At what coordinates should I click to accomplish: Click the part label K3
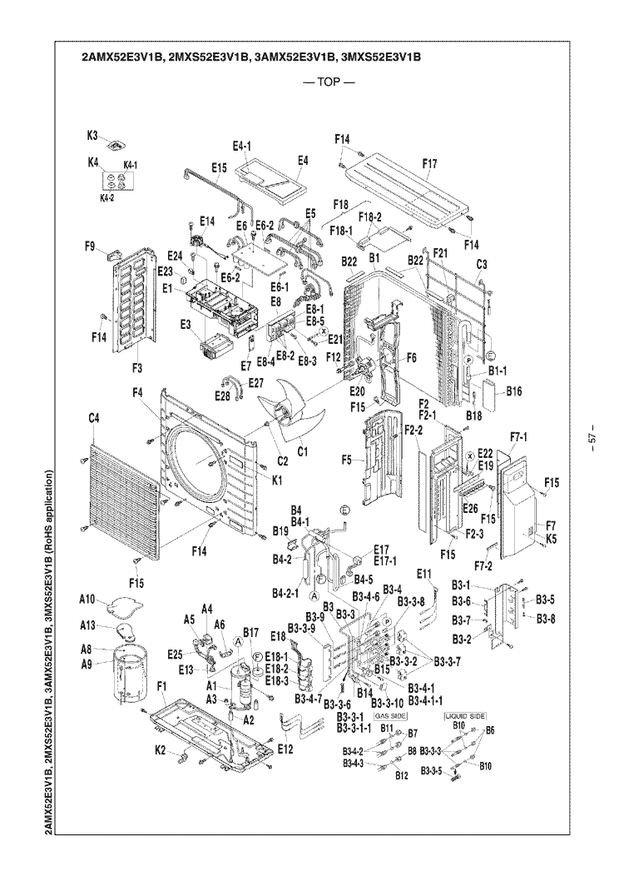click(93, 134)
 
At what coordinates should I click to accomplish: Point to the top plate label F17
click(429, 163)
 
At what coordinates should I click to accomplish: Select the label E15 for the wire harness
click(217, 167)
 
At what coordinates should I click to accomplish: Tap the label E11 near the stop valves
click(424, 574)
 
